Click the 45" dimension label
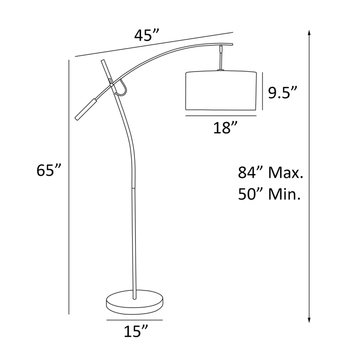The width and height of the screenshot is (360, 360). (x=146, y=36)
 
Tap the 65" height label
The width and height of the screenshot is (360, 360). (x=49, y=170)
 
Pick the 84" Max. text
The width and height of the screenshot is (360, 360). (x=270, y=172)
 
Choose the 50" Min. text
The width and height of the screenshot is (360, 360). (x=269, y=194)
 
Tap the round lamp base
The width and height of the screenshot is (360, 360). (x=134, y=300)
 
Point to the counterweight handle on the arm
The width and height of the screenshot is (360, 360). (x=86, y=108)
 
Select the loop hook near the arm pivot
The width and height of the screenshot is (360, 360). (x=123, y=88)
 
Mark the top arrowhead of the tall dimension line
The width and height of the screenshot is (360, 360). (x=310, y=32)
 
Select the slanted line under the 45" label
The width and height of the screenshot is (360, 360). (x=153, y=45)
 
